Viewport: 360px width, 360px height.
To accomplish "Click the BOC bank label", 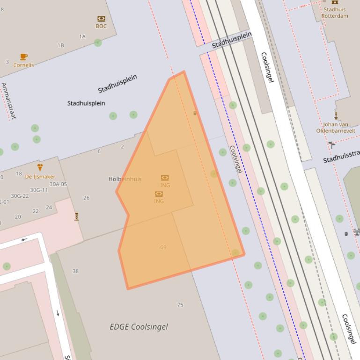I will click(101, 26).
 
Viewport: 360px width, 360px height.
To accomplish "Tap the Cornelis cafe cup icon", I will click(23, 57).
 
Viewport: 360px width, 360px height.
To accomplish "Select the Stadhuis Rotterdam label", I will click(335, 13).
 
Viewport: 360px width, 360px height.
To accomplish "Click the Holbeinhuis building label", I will click(125, 179).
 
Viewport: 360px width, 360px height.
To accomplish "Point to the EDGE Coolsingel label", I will click(139, 327).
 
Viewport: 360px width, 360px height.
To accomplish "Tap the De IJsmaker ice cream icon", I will click(40, 167).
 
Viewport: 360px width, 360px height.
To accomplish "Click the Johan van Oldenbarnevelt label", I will click(336, 128).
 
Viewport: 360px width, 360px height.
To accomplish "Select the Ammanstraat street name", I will click(8, 101).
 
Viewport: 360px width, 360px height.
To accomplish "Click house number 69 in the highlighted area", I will click(163, 247).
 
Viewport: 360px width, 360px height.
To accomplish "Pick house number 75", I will click(180, 305).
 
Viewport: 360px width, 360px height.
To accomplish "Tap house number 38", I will click(76, 271).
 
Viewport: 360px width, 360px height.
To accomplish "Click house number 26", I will click(86, 198).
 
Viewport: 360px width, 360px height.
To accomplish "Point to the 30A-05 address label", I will click(59, 184).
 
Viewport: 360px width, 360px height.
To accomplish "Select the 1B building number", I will click(60, 45).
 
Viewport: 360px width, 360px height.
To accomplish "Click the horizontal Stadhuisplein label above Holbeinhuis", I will click(86, 103).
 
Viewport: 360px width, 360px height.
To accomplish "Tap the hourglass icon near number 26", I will click(76, 216).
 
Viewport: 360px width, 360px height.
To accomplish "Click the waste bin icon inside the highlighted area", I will click(195, 113).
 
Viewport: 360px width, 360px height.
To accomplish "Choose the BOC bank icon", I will click(101, 19).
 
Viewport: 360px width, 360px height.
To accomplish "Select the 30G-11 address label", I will click(39, 190).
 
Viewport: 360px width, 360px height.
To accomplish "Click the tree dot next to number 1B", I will click(97, 43).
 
